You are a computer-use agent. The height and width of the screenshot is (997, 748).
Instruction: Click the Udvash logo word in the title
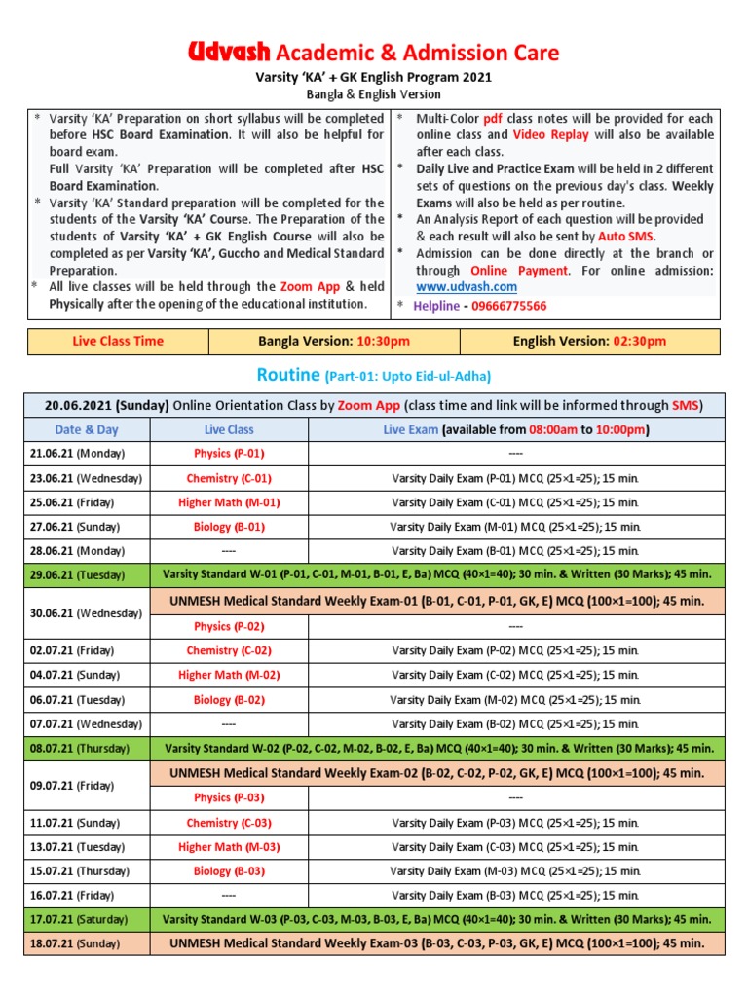pyautogui.click(x=230, y=52)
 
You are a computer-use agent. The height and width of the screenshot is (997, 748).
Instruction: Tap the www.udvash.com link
pyautogui.click(x=467, y=286)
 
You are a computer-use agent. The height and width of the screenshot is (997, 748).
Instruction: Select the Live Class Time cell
pyautogui.click(x=118, y=341)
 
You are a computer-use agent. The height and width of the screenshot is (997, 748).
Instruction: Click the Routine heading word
pyautogui.click(x=288, y=375)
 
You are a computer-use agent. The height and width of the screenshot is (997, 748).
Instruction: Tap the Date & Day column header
pyautogui.click(x=86, y=429)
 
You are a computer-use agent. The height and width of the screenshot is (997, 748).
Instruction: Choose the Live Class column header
pyautogui.click(x=229, y=429)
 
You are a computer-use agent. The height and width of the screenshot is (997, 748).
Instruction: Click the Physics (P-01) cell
pyautogui.click(x=229, y=454)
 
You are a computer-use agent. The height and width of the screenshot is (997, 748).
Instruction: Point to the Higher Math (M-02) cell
pyautogui.click(x=229, y=675)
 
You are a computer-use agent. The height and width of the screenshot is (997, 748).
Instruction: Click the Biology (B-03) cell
pyautogui.click(x=229, y=871)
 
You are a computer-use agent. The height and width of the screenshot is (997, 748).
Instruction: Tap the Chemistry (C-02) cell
pyautogui.click(x=229, y=650)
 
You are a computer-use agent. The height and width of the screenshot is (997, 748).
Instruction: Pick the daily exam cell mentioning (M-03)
pyautogui.click(x=515, y=871)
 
